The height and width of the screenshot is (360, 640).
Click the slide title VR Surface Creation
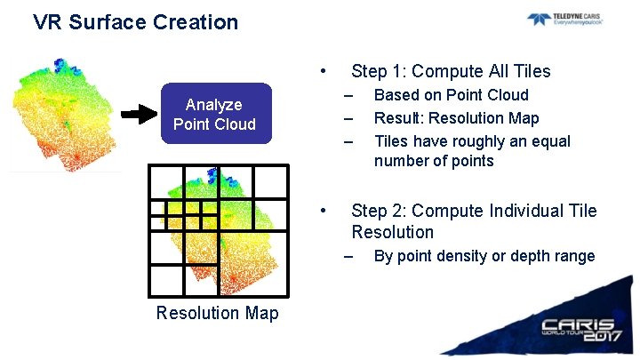click(135, 22)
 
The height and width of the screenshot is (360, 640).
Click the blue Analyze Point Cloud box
click(214, 115)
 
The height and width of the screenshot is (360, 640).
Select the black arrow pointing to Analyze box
click(138, 115)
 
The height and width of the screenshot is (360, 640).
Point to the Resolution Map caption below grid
click(217, 313)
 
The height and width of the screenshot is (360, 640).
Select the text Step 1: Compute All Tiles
click(451, 71)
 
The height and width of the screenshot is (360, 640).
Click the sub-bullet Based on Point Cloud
click(451, 95)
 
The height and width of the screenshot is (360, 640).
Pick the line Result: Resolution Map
click(456, 118)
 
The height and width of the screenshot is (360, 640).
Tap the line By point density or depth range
click(484, 256)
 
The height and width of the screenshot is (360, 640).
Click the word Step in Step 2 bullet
click(369, 211)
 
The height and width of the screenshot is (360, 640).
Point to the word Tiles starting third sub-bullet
click(393, 141)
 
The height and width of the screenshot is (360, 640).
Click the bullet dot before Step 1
click(325, 71)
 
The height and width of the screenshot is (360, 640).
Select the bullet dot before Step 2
click(325, 211)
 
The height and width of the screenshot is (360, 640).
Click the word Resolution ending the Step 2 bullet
click(392, 232)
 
